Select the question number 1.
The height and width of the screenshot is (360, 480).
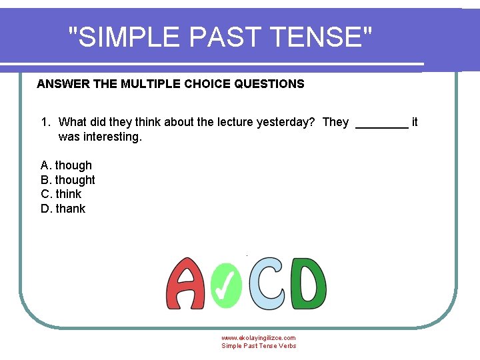(45, 122)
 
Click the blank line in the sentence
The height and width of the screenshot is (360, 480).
(382, 124)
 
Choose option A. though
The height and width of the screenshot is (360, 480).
(67, 165)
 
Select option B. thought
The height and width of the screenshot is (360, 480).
(68, 180)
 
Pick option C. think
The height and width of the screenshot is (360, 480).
(61, 194)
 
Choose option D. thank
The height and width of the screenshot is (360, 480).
(63, 209)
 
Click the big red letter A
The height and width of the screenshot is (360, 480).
(185, 284)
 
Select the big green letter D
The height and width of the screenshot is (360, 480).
(309, 283)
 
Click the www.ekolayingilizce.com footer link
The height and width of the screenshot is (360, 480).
(259, 338)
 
